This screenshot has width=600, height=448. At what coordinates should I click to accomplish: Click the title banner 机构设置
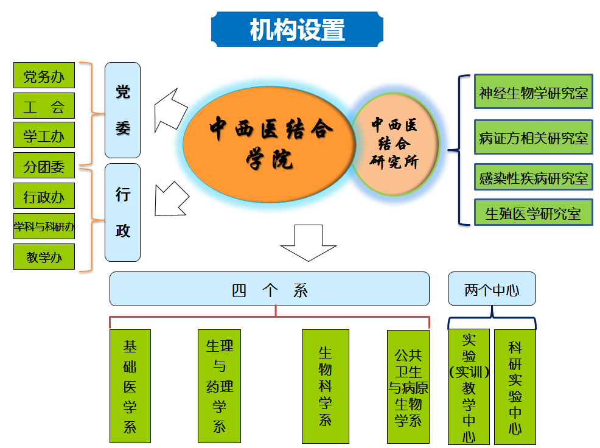[x=297, y=29]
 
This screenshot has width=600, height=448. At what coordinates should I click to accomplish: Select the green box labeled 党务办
[x=44, y=76]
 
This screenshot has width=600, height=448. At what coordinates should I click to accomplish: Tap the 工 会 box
[x=44, y=106]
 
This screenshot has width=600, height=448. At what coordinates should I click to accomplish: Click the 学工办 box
[x=44, y=135]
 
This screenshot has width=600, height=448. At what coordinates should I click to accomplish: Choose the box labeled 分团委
[x=44, y=166]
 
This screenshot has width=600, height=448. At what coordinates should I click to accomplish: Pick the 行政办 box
[x=44, y=196]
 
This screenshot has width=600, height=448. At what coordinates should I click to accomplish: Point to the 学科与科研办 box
[x=44, y=226]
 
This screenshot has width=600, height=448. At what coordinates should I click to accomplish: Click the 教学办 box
[x=44, y=256]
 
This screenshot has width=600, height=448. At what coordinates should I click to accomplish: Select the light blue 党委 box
[x=122, y=110]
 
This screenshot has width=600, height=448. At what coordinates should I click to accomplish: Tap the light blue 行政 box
[x=122, y=212]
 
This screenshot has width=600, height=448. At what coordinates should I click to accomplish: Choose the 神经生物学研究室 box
[x=533, y=93]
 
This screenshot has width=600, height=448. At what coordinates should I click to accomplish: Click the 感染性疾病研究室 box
[x=533, y=178]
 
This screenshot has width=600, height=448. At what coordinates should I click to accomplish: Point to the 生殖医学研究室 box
[x=533, y=213]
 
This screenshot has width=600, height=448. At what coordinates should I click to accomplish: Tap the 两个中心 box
[x=492, y=289]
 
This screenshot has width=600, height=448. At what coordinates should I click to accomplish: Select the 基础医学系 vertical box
[x=130, y=386]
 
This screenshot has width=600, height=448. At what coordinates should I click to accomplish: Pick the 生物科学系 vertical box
[x=326, y=386]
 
